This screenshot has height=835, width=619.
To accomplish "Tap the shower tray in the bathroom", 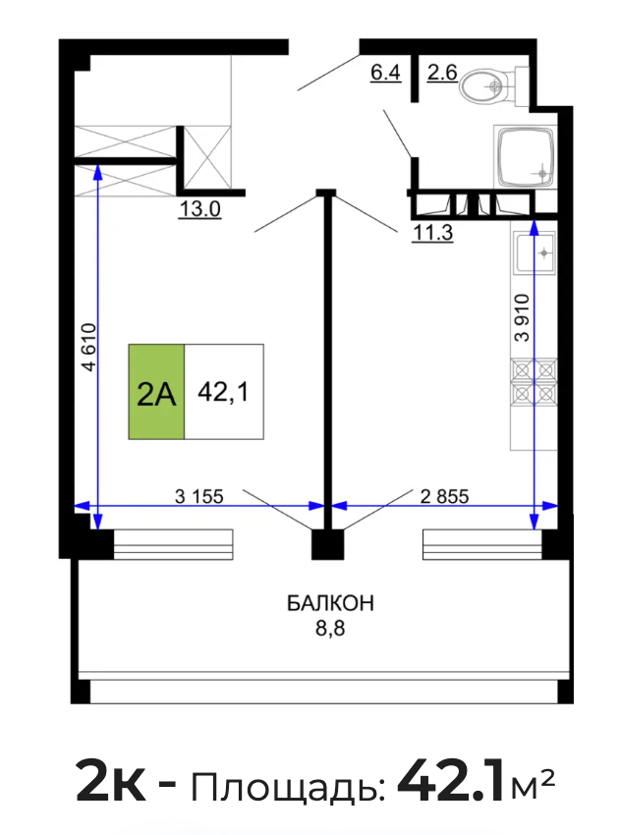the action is click(525, 156).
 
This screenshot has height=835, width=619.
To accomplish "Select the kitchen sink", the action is click(535, 251).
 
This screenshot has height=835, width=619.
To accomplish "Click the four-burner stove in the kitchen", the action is click(534, 382).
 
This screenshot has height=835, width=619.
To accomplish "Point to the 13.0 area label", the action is click(199, 209).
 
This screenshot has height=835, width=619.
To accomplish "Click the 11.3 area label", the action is click(432, 233).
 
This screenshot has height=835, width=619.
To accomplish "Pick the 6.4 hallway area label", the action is click(385, 72).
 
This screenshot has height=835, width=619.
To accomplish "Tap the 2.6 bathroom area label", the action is click(442, 72).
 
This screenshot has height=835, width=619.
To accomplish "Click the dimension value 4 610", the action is click(89, 347).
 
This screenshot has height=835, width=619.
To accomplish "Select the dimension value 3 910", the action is click(522, 317).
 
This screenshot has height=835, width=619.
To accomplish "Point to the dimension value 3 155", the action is click(199, 496).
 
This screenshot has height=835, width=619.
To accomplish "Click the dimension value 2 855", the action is click(444, 496).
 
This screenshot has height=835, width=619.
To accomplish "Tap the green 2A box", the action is click(156, 392).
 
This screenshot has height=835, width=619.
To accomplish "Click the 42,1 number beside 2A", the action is click(223, 393).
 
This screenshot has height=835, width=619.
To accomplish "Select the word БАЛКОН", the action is click(331, 603).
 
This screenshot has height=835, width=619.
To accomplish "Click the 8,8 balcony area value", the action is click(330, 629).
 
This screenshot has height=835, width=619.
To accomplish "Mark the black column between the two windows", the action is click(327, 544).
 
